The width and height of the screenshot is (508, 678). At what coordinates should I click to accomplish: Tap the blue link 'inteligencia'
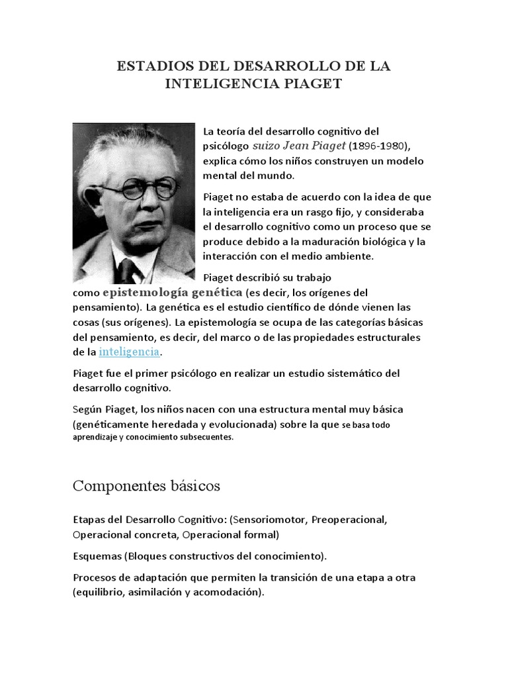pyautogui.click(x=129, y=351)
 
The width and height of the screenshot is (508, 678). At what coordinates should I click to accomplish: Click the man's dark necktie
pyautogui.click(x=126, y=271)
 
